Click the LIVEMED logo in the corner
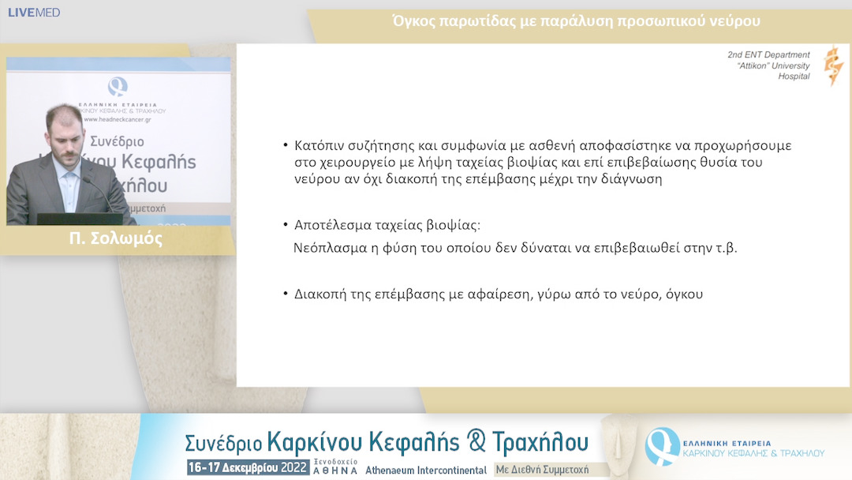point(34,13)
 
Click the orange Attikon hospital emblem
point(833,66)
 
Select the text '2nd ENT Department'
point(768,55)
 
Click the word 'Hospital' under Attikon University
point(794,77)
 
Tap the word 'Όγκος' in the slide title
point(413,21)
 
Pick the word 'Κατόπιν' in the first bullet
point(320,146)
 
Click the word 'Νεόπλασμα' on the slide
point(327,246)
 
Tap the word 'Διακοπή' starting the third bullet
point(321,294)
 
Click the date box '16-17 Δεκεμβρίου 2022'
point(246,467)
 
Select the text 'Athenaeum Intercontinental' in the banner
point(425,469)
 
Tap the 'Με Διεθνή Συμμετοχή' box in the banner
point(542,469)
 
